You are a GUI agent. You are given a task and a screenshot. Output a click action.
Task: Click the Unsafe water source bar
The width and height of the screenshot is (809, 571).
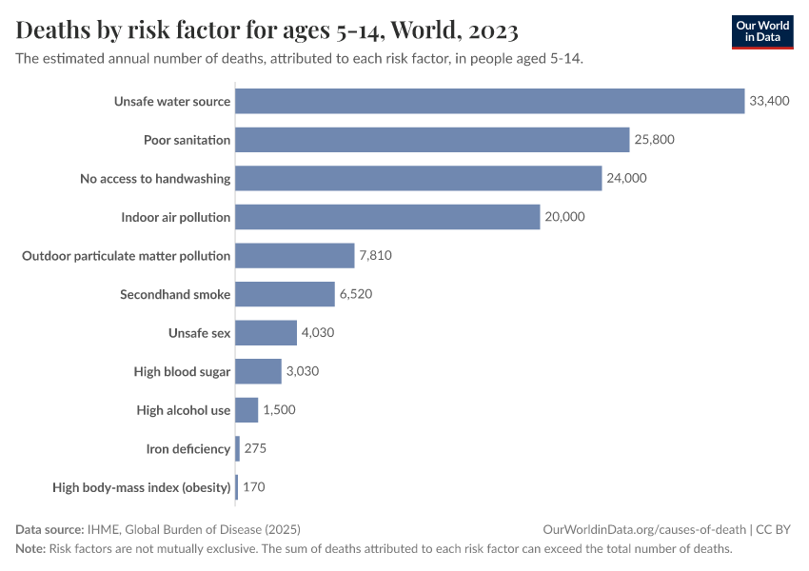click(489, 101)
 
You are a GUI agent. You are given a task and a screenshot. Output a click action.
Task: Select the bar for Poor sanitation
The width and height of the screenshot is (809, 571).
click(432, 140)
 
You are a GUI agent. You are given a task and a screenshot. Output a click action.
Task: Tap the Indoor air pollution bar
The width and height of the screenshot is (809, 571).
click(387, 217)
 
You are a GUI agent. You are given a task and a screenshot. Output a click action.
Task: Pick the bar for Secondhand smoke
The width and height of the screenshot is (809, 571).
click(285, 294)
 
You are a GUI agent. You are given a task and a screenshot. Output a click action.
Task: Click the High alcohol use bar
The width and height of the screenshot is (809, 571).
click(247, 410)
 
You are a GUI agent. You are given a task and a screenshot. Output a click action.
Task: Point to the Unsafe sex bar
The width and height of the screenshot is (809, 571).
click(266, 333)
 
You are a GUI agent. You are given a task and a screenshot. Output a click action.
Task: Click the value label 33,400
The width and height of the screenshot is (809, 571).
click(769, 101)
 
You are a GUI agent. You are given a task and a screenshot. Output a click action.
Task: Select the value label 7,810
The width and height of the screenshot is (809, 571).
click(375, 256)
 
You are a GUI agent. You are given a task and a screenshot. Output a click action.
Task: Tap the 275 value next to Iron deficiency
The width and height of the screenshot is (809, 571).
click(255, 448)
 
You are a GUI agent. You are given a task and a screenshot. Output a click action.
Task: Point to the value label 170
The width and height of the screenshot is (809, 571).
click(253, 487)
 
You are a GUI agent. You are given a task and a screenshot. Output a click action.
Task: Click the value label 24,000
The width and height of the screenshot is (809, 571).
click(627, 178)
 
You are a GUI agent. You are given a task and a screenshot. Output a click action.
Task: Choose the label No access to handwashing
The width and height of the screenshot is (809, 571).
click(155, 178)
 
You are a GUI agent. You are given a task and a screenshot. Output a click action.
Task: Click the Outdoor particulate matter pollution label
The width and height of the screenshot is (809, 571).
click(126, 256)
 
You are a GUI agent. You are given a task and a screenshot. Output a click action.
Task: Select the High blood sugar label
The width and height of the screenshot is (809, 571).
click(182, 372)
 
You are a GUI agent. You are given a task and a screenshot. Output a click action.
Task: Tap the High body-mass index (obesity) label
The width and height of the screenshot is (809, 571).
click(142, 487)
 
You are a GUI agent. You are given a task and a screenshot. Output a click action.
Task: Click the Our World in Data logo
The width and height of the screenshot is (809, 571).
click(761, 31)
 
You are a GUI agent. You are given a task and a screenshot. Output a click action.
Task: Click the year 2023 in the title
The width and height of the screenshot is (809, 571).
click(493, 30)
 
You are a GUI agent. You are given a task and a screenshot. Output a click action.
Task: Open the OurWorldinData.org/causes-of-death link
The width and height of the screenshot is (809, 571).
click(644, 529)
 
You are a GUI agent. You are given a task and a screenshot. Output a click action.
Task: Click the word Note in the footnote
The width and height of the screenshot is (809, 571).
click(30, 549)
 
